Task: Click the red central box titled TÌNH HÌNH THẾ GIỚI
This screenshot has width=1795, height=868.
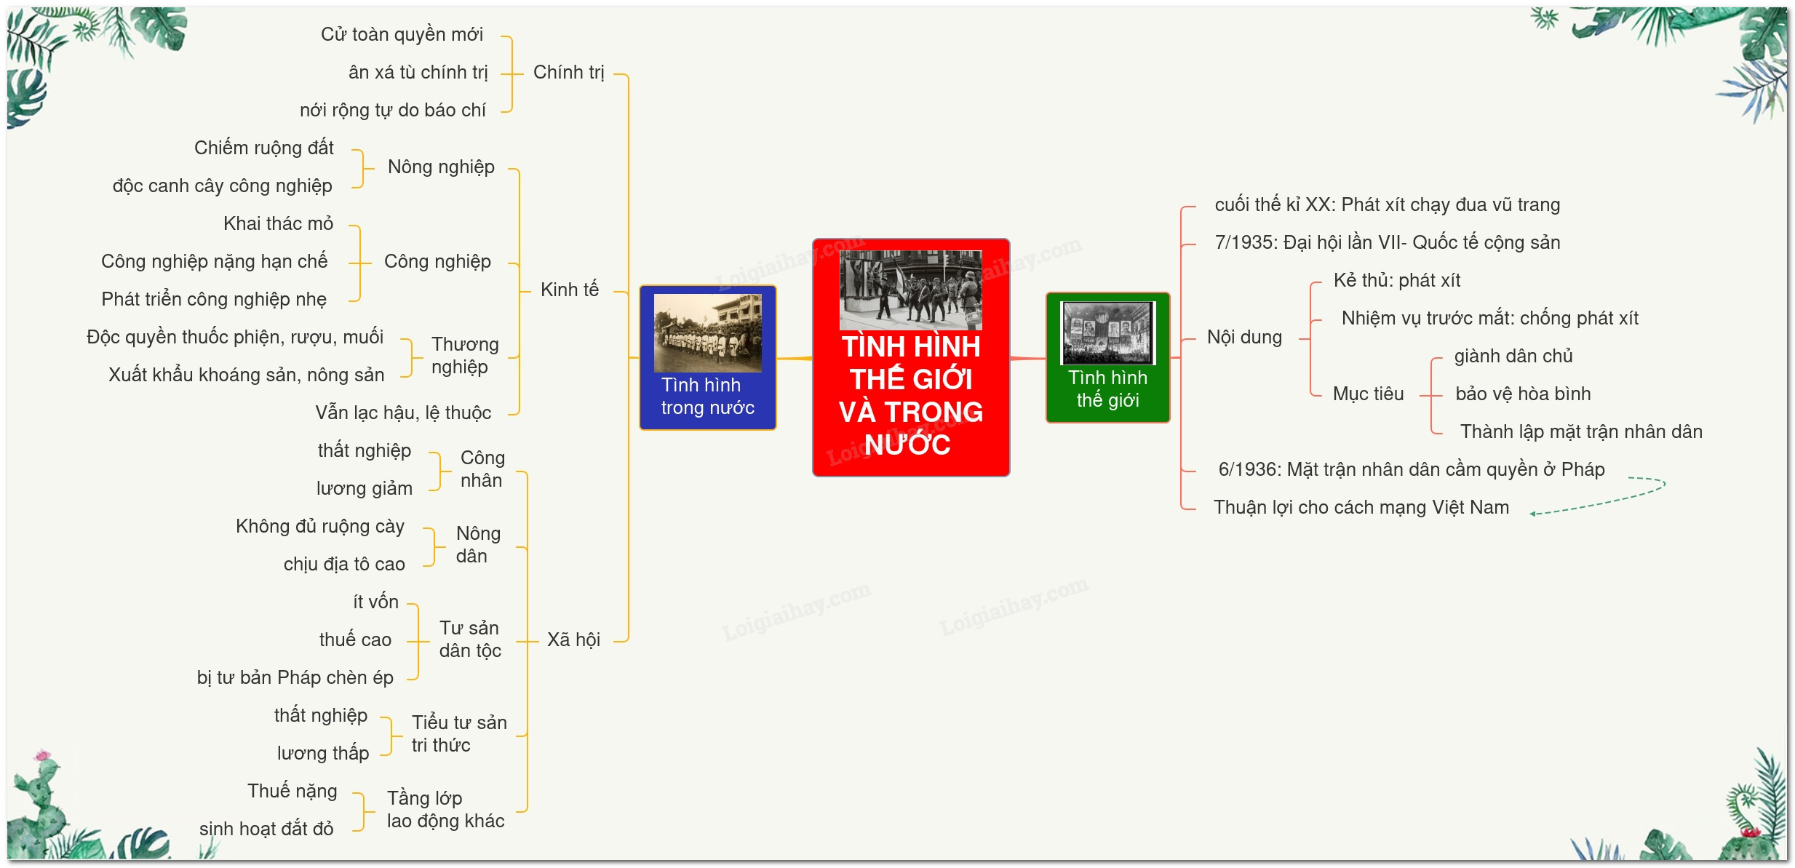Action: pos(911,357)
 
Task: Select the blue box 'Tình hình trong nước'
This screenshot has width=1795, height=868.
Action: pos(708,357)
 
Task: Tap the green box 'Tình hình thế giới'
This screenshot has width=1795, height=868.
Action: pos(1107,357)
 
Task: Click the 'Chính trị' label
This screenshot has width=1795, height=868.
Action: pos(569,73)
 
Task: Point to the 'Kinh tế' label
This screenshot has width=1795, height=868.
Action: pos(570,290)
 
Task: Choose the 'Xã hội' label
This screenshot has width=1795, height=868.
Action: pos(573,640)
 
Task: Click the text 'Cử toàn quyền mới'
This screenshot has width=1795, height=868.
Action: pos(402,34)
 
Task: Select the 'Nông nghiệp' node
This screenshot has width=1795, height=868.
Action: pos(441,167)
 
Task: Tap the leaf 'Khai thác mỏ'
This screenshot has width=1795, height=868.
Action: pos(278,223)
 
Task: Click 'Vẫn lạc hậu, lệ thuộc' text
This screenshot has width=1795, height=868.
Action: pos(403,413)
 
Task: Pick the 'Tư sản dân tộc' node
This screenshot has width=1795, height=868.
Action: pos(470,639)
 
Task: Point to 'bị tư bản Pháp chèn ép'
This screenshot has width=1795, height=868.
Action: pos(295,677)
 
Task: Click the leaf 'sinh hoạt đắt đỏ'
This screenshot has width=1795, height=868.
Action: pos(266,829)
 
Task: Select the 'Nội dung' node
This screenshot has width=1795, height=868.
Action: pos(1244,337)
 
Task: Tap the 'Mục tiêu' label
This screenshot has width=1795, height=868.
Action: pos(1368,394)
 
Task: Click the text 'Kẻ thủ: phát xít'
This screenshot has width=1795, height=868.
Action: pos(1397,280)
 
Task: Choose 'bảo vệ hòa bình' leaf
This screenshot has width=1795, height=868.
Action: pos(1523,394)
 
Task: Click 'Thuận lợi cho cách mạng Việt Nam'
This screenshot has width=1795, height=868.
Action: pos(1361,507)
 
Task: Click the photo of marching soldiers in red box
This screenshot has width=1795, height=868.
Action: pos(910,290)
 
